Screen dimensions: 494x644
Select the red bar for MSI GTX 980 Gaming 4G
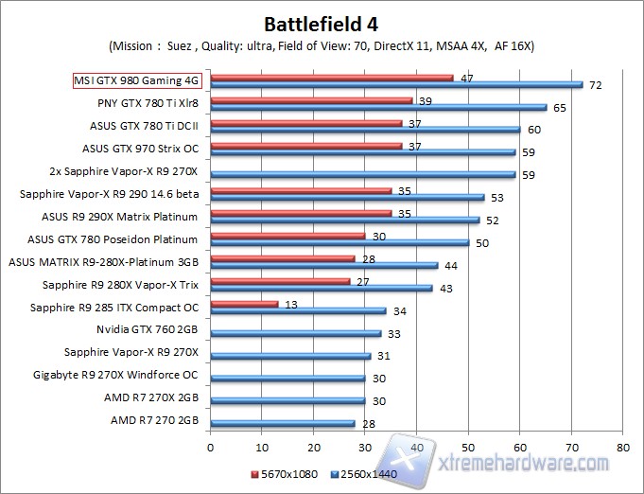332,78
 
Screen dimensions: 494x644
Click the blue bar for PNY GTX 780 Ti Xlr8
378,107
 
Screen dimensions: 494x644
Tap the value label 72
596,86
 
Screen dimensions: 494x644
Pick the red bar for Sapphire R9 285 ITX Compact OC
244,304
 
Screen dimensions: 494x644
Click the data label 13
291,304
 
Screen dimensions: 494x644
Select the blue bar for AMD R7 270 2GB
283,423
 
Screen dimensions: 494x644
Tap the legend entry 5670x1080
285,472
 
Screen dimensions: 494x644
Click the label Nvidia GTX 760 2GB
148,330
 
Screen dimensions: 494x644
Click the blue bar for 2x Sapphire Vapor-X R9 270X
363,174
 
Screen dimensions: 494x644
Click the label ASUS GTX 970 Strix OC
141,148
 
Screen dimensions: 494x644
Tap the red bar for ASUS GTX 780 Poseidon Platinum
287,236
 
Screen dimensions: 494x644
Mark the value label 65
560,108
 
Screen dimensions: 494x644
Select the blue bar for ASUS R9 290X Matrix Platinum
345,220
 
